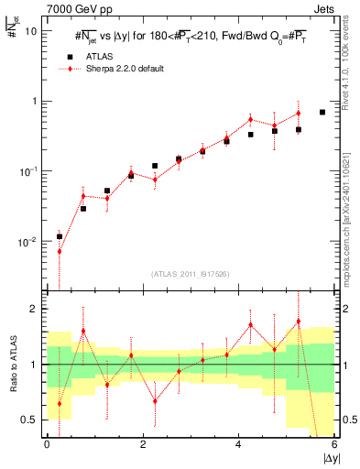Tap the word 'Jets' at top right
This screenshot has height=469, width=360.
(x=322, y=8)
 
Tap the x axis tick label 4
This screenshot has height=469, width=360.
(x=238, y=444)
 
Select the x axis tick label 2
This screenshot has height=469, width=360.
(x=142, y=444)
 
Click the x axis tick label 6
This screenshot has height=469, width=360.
(x=334, y=444)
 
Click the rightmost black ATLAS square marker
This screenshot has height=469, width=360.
(x=322, y=112)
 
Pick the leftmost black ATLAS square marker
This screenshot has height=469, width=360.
(x=60, y=236)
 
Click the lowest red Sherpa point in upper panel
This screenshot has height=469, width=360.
(x=60, y=251)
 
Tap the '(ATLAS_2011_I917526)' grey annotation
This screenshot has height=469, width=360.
(x=190, y=274)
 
